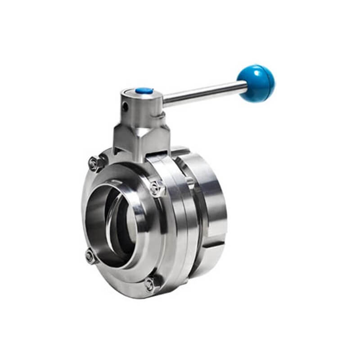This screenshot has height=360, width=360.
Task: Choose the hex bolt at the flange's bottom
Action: (150, 284)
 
